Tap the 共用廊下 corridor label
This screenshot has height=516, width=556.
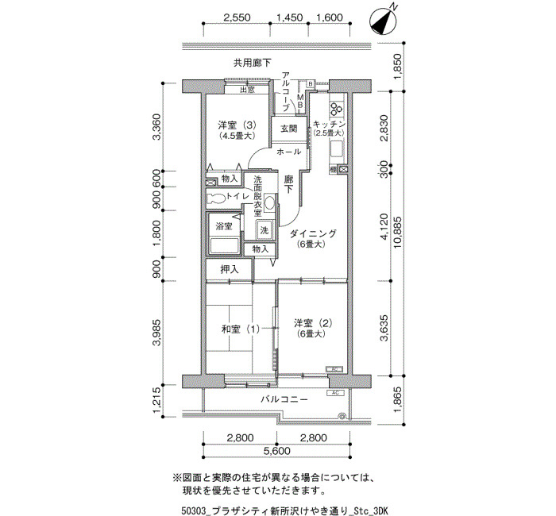pos(252,63)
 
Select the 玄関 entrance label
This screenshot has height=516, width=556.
pos(288,129)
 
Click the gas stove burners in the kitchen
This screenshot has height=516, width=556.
pos(336,109)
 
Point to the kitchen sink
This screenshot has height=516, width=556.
pos(337,149)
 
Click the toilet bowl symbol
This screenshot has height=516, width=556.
pos(215,198)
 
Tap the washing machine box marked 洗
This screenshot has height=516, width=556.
pos(264,230)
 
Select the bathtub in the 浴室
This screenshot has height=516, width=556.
pos(224,246)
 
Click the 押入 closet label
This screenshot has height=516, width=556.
pos(230,270)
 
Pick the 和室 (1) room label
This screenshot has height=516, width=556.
pos(240,329)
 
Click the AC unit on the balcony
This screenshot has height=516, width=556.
pos(335,393)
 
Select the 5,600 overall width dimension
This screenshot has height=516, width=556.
pos(277,451)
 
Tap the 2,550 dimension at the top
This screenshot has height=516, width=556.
pos(237,17)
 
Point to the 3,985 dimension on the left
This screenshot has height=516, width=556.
pos(156,332)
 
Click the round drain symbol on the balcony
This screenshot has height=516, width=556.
pos(342,415)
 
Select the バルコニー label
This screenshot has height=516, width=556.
pos(284,399)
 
